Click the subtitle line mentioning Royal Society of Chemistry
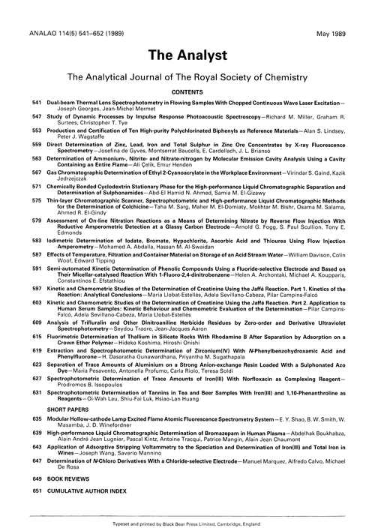187,77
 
